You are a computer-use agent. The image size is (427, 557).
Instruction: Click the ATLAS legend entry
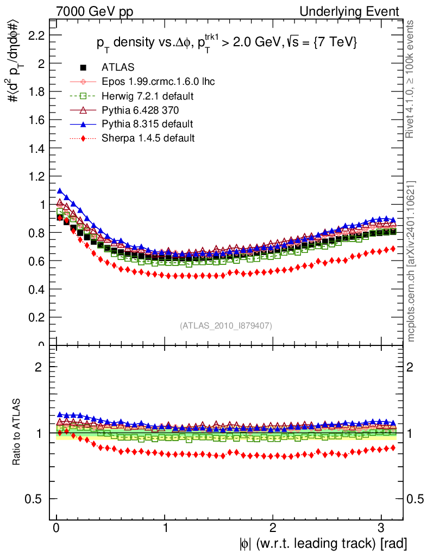[x=115, y=67]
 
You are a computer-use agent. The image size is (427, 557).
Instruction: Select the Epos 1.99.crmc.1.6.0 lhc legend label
[x=158, y=82]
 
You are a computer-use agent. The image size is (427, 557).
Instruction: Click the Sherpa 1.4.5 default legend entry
[x=148, y=138]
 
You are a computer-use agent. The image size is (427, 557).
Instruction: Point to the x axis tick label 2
[x=273, y=528]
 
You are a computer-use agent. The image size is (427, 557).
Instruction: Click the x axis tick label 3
[x=381, y=528]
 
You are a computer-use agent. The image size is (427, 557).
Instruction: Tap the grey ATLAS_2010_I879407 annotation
[x=226, y=325]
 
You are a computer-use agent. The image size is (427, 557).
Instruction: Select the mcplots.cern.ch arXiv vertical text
[x=412, y=261]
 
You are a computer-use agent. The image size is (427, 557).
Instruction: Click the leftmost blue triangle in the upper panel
[x=60, y=191]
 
